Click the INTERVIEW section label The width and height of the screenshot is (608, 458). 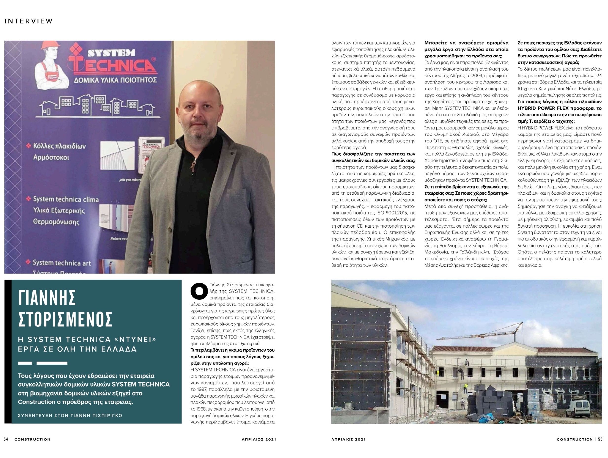click(29, 21)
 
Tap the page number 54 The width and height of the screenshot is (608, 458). click(6, 439)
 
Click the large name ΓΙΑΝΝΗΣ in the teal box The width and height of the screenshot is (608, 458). click(47, 298)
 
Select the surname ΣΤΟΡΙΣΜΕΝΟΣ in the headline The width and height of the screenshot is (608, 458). click(65, 320)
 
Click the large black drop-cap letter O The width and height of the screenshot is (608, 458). click(199, 291)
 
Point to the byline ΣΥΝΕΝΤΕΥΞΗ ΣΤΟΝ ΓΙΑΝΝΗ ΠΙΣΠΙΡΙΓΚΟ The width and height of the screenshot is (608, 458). click(70, 415)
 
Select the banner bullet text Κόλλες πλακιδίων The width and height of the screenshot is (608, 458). click(59, 146)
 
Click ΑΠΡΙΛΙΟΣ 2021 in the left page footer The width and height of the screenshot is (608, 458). click(257, 439)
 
